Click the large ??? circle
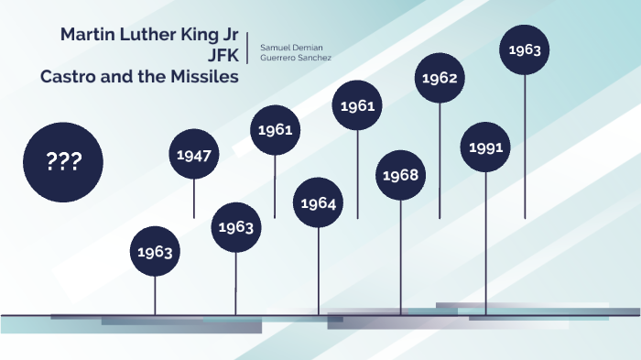tap(63, 162)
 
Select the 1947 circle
tap(194, 155)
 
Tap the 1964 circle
tap(318, 202)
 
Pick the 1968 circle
tap(400, 175)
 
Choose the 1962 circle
tap(440, 78)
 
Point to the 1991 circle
tap(485, 147)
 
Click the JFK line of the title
tap(223, 56)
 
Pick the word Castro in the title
tap(70, 77)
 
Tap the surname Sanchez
tap(316, 58)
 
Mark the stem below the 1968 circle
tap(400, 256)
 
